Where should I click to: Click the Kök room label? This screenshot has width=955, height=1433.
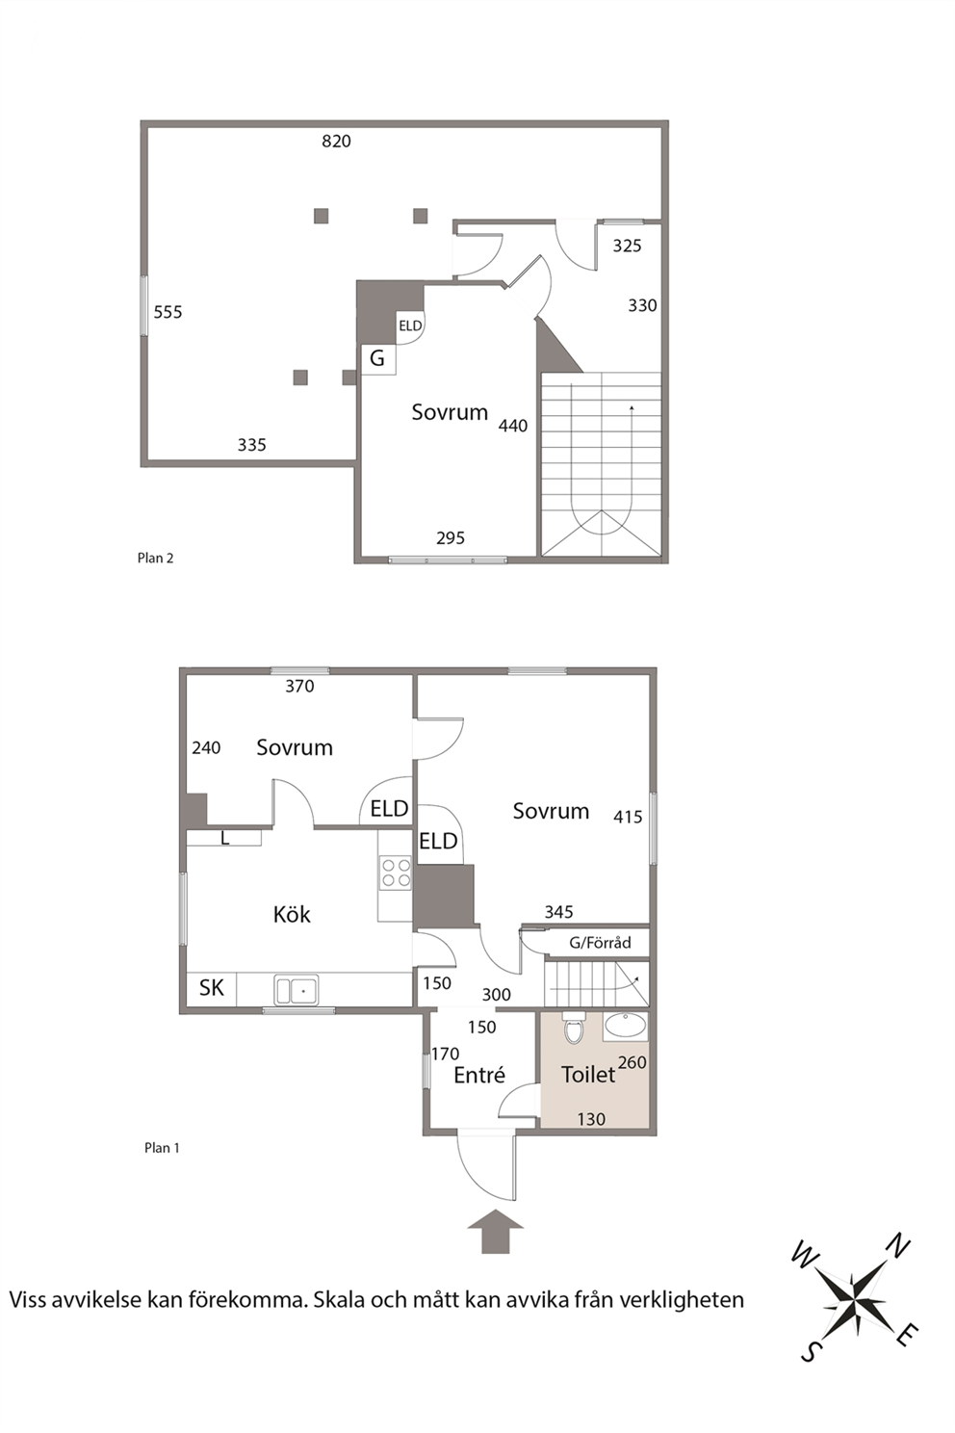pyautogui.click(x=292, y=914)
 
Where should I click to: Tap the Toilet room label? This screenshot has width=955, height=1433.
pyautogui.click(x=588, y=1074)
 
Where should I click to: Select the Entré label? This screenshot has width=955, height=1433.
pyautogui.click(x=479, y=1074)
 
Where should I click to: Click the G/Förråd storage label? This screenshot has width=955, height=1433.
pyautogui.click(x=600, y=942)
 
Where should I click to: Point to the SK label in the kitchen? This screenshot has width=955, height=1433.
pyautogui.click(x=212, y=987)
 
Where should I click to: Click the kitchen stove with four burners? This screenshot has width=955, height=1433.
pyautogui.click(x=396, y=873)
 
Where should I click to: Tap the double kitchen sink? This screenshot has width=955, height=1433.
pyautogui.click(x=297, y=990)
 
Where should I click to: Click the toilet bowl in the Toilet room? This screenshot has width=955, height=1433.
pyautogui.click(x=574, y=1029)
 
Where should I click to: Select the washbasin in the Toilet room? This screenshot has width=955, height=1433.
pyautogui.click(x=626, y=1027)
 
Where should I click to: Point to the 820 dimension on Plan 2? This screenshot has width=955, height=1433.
pyautogui.click(x=336, y=141)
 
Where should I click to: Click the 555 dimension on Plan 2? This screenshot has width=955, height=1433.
pyautogui.click(x=168, y=312)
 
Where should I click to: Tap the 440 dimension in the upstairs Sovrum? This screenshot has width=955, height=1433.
pyautogui.click(x=513, y=426)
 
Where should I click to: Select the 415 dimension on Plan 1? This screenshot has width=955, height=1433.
pyautogui.click(x=628, y=817)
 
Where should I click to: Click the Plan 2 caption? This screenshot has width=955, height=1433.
pyautogui.click(x=155, y=558)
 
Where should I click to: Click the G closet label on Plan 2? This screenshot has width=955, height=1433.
pyautogui.click(x=377, y=358)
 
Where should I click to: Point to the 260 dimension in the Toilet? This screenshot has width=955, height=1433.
pyautogui.click(x=632, y=1062)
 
